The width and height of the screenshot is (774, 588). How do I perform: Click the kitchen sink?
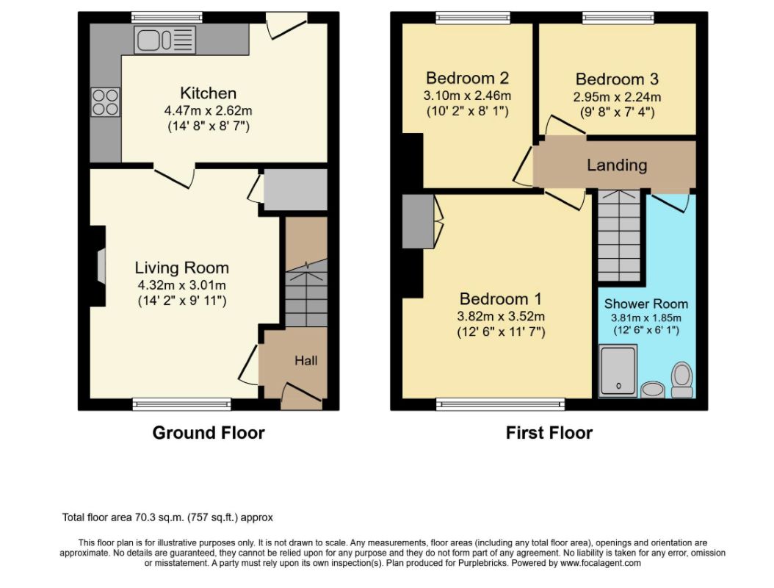(x=165, y=40)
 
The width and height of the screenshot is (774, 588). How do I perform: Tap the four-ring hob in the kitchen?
(x=105, y=101)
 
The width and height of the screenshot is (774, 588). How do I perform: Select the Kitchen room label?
(x=209, y=93)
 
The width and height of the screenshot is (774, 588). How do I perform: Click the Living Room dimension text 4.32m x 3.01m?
(x=182, y=284)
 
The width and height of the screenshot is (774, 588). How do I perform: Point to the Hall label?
(x=306, y=361)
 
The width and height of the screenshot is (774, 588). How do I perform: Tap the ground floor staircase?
(x=306, y=293)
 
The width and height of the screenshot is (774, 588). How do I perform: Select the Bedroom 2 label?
(x=467, y=78)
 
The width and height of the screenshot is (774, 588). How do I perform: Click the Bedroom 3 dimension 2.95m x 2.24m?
(x=617, y=97)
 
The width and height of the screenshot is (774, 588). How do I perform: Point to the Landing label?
(x=617, y=165)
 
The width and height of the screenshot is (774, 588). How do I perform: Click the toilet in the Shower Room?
(x=682, y=380)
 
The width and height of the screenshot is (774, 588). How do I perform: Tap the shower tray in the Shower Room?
(x=618, y=370)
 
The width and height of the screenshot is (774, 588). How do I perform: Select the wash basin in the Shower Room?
(x=653, y=390)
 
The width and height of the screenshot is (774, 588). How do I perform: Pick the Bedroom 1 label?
(x=501, y=299)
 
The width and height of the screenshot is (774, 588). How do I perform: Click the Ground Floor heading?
(x=209, y=433)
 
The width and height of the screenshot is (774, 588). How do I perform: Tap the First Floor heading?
(x=549, y=433)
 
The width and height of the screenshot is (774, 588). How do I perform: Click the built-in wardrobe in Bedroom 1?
(x=418, y=221)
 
